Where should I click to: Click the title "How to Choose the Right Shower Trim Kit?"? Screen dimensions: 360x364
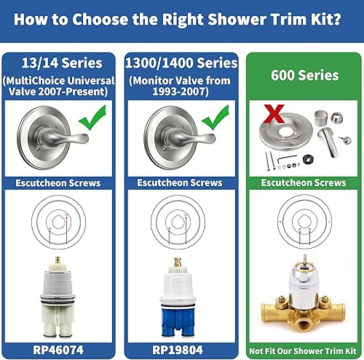point(182,20)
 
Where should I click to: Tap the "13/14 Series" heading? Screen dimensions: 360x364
point(60,63)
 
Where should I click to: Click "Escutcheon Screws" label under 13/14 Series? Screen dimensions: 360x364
point(60,183)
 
